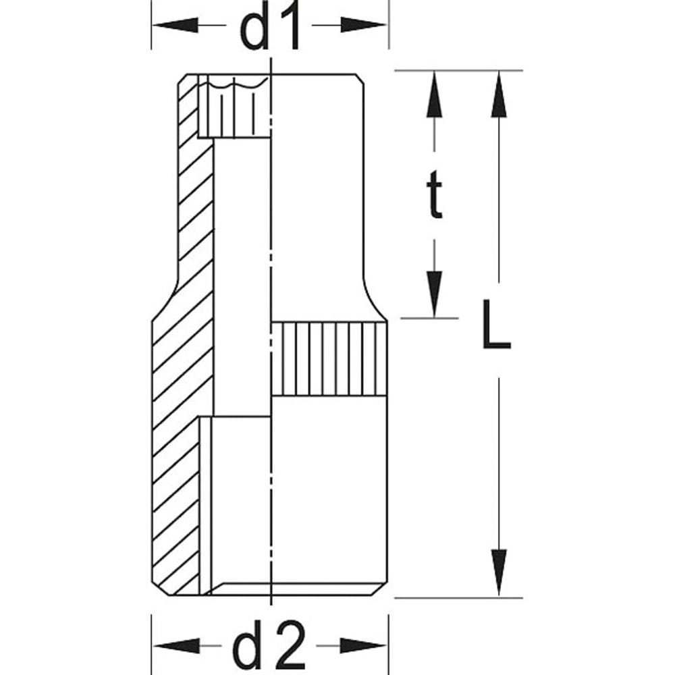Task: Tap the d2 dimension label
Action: (270, 647)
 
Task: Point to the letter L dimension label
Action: (496, 327)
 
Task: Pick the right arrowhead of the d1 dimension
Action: (368, 26)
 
